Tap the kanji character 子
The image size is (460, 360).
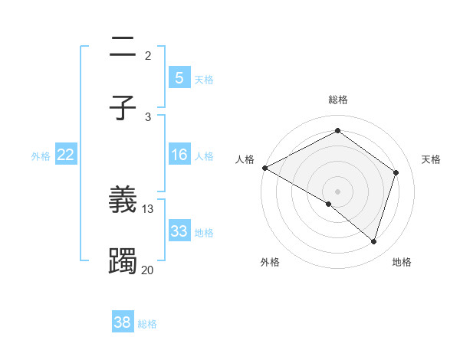point(123,108)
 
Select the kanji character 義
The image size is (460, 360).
point(123,200)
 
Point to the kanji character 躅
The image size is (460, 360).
point(123,261)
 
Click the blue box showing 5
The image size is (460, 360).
point(179,78)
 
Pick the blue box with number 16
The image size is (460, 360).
point(179,155)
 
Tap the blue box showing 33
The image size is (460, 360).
point(179,231)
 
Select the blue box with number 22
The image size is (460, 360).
point(66,155)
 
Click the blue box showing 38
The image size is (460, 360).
point(123,322)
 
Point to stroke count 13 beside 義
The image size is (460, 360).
point(148,208)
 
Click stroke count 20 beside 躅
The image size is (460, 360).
point(148,270)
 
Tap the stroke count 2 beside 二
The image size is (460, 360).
point(148,55)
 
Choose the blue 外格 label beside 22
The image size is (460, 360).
point(41,155)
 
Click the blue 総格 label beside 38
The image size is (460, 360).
point(147,324)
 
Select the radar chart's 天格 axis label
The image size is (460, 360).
point(432,159)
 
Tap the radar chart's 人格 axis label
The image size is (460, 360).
point(245,159)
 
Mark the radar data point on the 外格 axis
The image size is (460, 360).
point(329,204)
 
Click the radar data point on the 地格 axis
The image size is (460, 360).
point(373,241)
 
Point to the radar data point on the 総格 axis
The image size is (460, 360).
point(337,131)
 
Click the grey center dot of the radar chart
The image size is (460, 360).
point(337,191)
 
